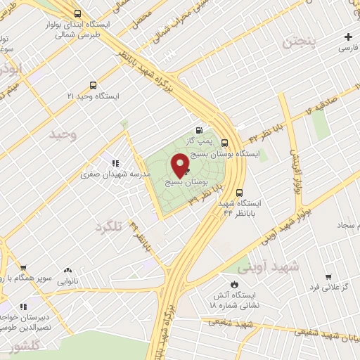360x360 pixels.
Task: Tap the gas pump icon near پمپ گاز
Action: point(199,129)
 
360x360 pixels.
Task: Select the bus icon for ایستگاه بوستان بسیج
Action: point(224,141)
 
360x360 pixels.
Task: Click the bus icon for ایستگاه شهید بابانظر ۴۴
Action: point(239,191)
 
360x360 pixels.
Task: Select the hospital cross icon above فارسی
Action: point(349,37)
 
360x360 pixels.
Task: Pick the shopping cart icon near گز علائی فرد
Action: point(328,277)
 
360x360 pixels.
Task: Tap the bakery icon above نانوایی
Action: point(68,270)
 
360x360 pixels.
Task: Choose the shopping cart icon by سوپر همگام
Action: point(23,268)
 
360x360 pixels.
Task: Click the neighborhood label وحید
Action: point(63,132)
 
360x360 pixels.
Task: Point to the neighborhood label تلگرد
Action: point(110,228)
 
